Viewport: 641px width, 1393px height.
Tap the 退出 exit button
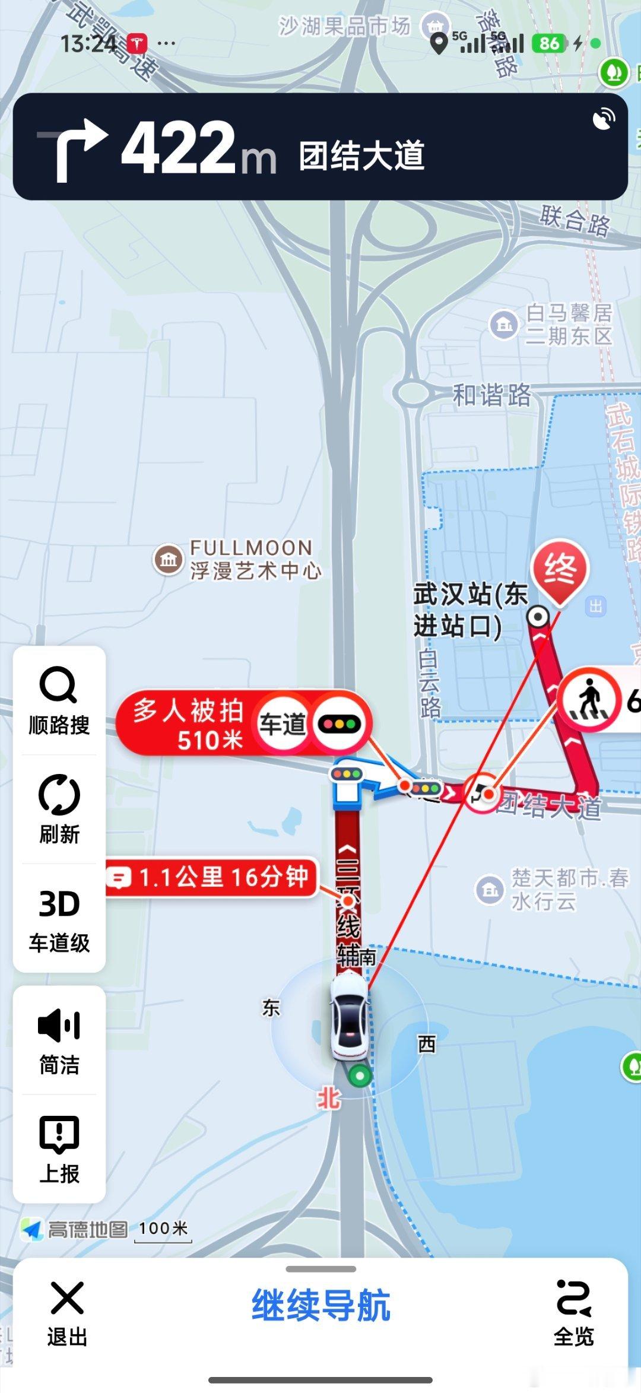[x=67, y=1312]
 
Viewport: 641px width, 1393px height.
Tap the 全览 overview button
[x=573, y=1312]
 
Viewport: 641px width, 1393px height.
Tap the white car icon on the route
[x=350, y=1018]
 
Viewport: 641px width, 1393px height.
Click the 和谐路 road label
[x=491, y=395]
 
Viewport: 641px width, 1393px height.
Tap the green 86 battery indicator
[x=549, y=43]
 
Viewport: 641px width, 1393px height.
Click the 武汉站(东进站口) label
[x=469, y=610]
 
